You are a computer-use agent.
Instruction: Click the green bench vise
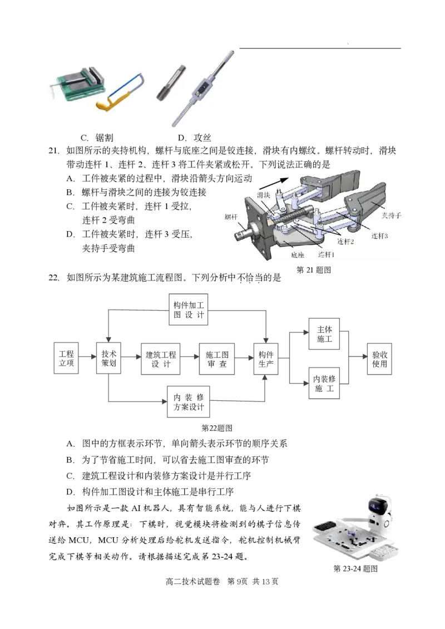point(78,83)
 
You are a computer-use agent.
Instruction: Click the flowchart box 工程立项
point(66,358)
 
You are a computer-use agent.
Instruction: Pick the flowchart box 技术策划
point(108,358)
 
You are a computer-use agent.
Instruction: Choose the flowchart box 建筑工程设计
point(160,359)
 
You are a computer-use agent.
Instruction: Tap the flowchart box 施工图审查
point(217,359)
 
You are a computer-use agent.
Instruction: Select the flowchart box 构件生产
point(266,359)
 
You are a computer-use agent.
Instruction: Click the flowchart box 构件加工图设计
point(189,309)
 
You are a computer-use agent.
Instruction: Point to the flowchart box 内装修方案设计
point(189,402)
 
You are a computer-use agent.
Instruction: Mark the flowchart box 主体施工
point(324,334)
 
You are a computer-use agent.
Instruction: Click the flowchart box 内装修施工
point(324,383)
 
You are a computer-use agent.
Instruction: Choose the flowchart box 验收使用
point(379,359)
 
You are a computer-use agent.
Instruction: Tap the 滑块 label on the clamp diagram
point(264,195)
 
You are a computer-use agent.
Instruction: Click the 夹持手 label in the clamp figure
point(391,215)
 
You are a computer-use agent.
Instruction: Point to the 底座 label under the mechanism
point(298,255)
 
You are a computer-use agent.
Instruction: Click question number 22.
point(54,278)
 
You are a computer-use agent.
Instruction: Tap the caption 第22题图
point(217,428)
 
